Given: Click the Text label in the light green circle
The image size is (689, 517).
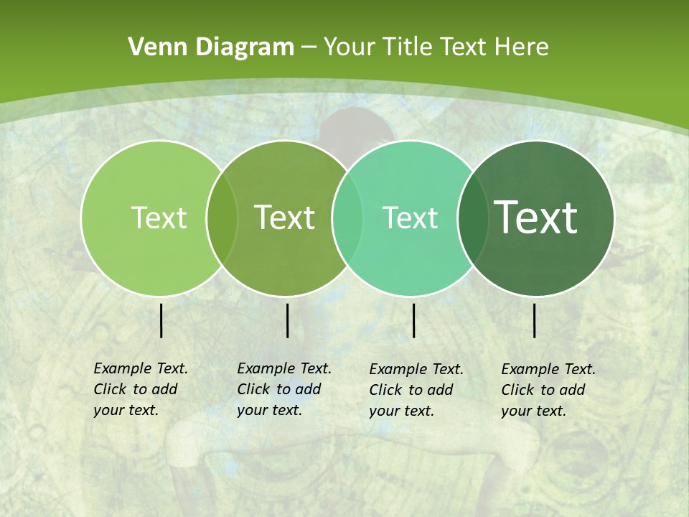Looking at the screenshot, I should point(159,218).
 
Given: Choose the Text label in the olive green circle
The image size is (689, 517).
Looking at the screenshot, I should point(284,218).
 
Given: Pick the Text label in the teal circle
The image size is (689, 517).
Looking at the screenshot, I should point(410,218).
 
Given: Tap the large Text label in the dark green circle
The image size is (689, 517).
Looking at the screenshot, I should point(536,218).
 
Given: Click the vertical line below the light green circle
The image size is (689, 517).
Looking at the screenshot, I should point(161,320).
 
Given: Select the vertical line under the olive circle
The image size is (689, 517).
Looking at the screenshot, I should point(287,320).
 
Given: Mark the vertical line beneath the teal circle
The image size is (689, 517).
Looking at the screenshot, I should point(413,320).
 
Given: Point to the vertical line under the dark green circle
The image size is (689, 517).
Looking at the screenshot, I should point(535,320).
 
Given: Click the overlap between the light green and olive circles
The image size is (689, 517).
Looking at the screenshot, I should point(222,218).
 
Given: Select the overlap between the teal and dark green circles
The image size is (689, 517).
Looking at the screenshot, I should point(472,218).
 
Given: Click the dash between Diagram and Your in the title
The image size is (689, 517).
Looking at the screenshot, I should point(309,47).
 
